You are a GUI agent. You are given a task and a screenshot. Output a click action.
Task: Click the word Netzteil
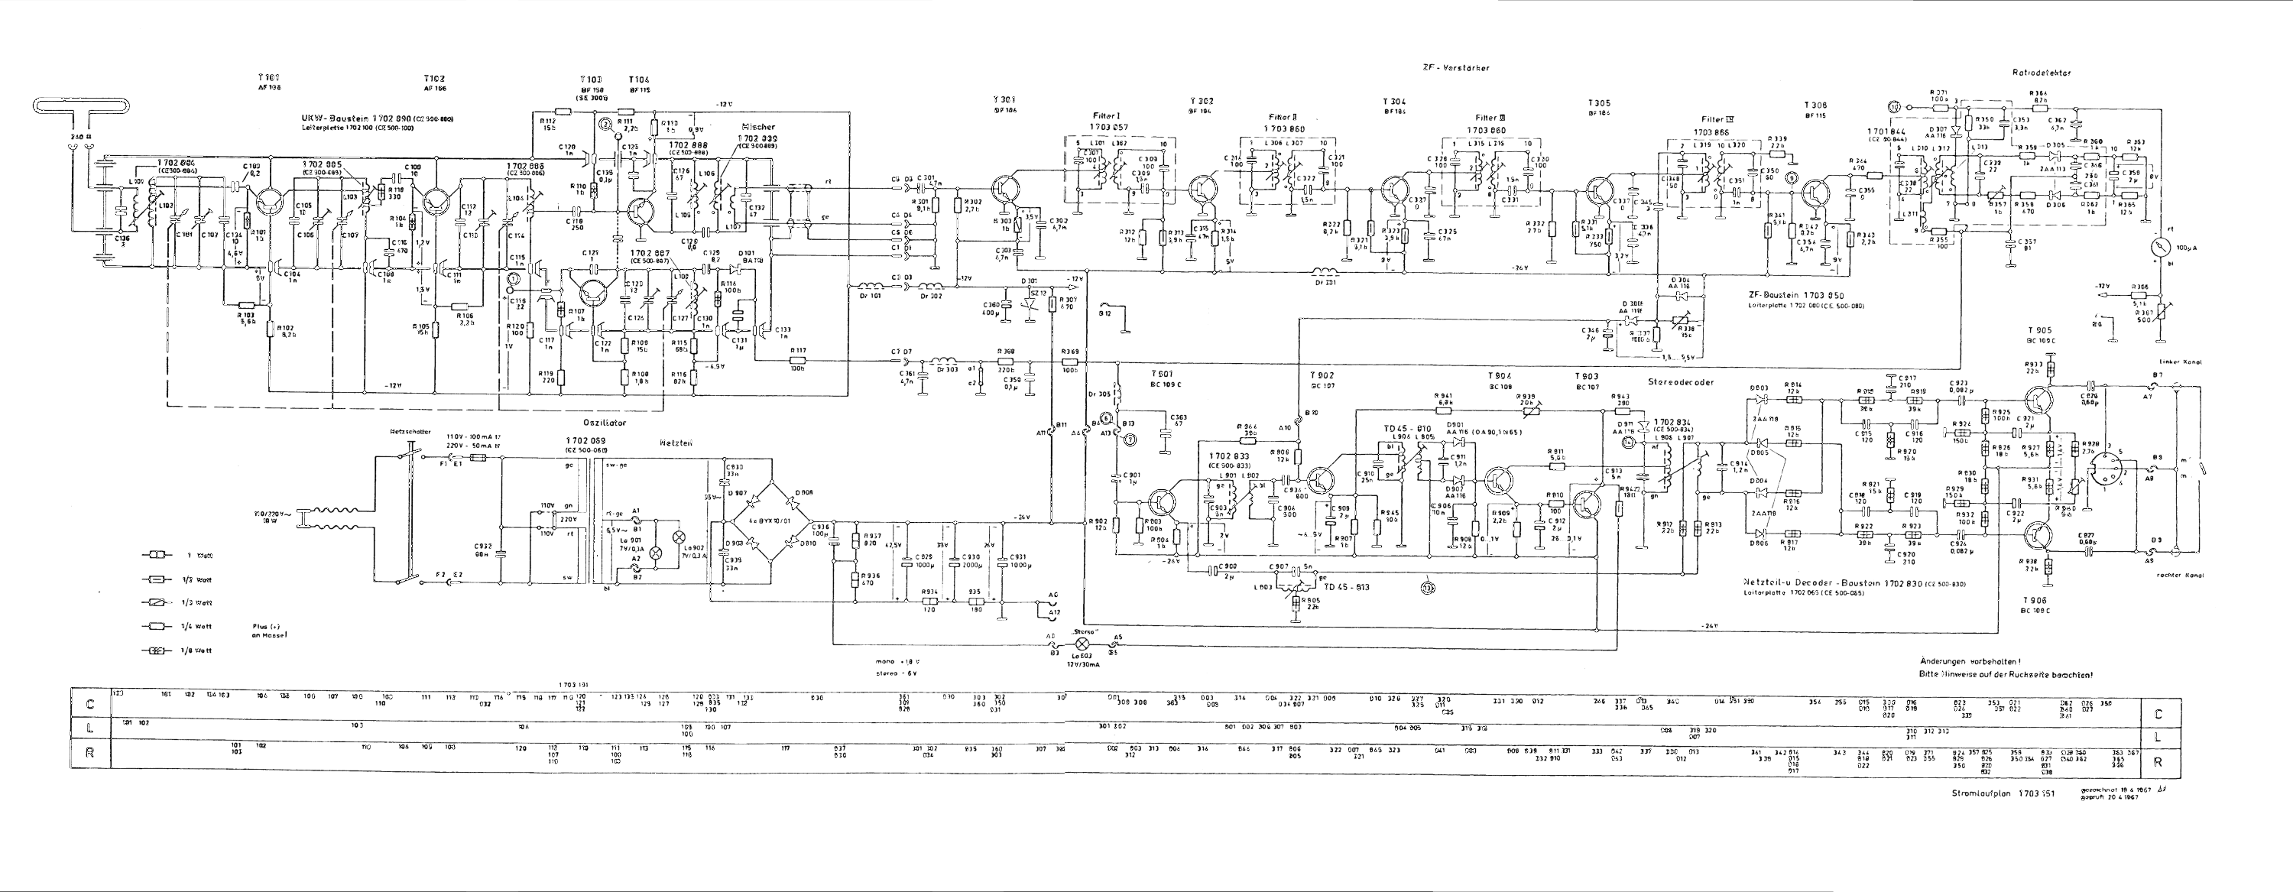point(676,442)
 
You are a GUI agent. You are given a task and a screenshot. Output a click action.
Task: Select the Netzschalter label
point(410,432)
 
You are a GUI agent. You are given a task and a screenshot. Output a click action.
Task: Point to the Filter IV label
point(1718,118)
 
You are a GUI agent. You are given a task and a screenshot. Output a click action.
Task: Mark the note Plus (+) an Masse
point(271,631)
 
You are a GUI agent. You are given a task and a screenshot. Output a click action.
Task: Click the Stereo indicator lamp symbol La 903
point(1083,643)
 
